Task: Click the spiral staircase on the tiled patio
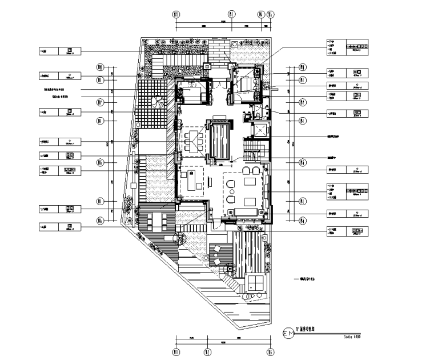click(156, 105)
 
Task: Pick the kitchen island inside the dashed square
click(188, 182)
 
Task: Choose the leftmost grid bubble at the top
click(176, 15)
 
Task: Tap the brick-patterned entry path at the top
click(218, 50)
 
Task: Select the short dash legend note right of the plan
click(312, 279)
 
